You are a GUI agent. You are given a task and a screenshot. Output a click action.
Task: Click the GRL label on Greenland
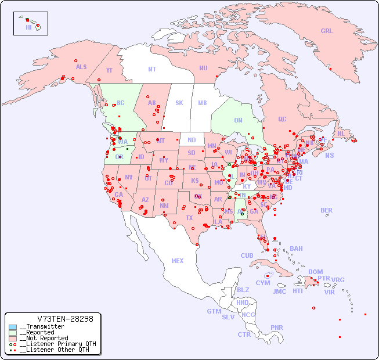[x=327, y=31]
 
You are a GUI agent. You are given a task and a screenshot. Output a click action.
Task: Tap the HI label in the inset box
[x=28, y=27]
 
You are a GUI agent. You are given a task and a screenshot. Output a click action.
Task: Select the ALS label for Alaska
[x=81, y=67]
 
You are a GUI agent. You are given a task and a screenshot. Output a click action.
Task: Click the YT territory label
[x=109, y=70]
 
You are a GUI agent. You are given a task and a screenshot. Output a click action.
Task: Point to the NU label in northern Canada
[x=203, y=68]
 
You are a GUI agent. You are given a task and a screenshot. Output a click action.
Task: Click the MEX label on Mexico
[x=178, y=261]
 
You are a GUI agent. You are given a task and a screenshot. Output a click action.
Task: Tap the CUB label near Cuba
[x=247, y=255]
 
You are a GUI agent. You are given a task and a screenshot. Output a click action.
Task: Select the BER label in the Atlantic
[x=327, y=210]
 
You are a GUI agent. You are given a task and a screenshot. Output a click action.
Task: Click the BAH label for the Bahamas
[x=296, y=249]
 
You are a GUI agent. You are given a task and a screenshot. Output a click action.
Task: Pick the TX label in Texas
[x=189, y=218]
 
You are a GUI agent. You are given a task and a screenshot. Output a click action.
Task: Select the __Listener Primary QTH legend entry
[x=57, y=344]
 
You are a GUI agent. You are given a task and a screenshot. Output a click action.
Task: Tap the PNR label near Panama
[x=277, y=327]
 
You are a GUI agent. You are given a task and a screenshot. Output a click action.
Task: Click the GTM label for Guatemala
[x=214, y=311]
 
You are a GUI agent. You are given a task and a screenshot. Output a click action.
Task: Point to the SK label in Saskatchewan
[x=179, y=103]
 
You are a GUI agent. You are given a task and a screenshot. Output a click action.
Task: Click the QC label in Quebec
[x=282, y=120]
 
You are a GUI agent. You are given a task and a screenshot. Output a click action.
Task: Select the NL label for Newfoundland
[x=341, y=134]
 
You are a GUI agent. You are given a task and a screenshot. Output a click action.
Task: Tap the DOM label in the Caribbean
[x=315, y=272]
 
